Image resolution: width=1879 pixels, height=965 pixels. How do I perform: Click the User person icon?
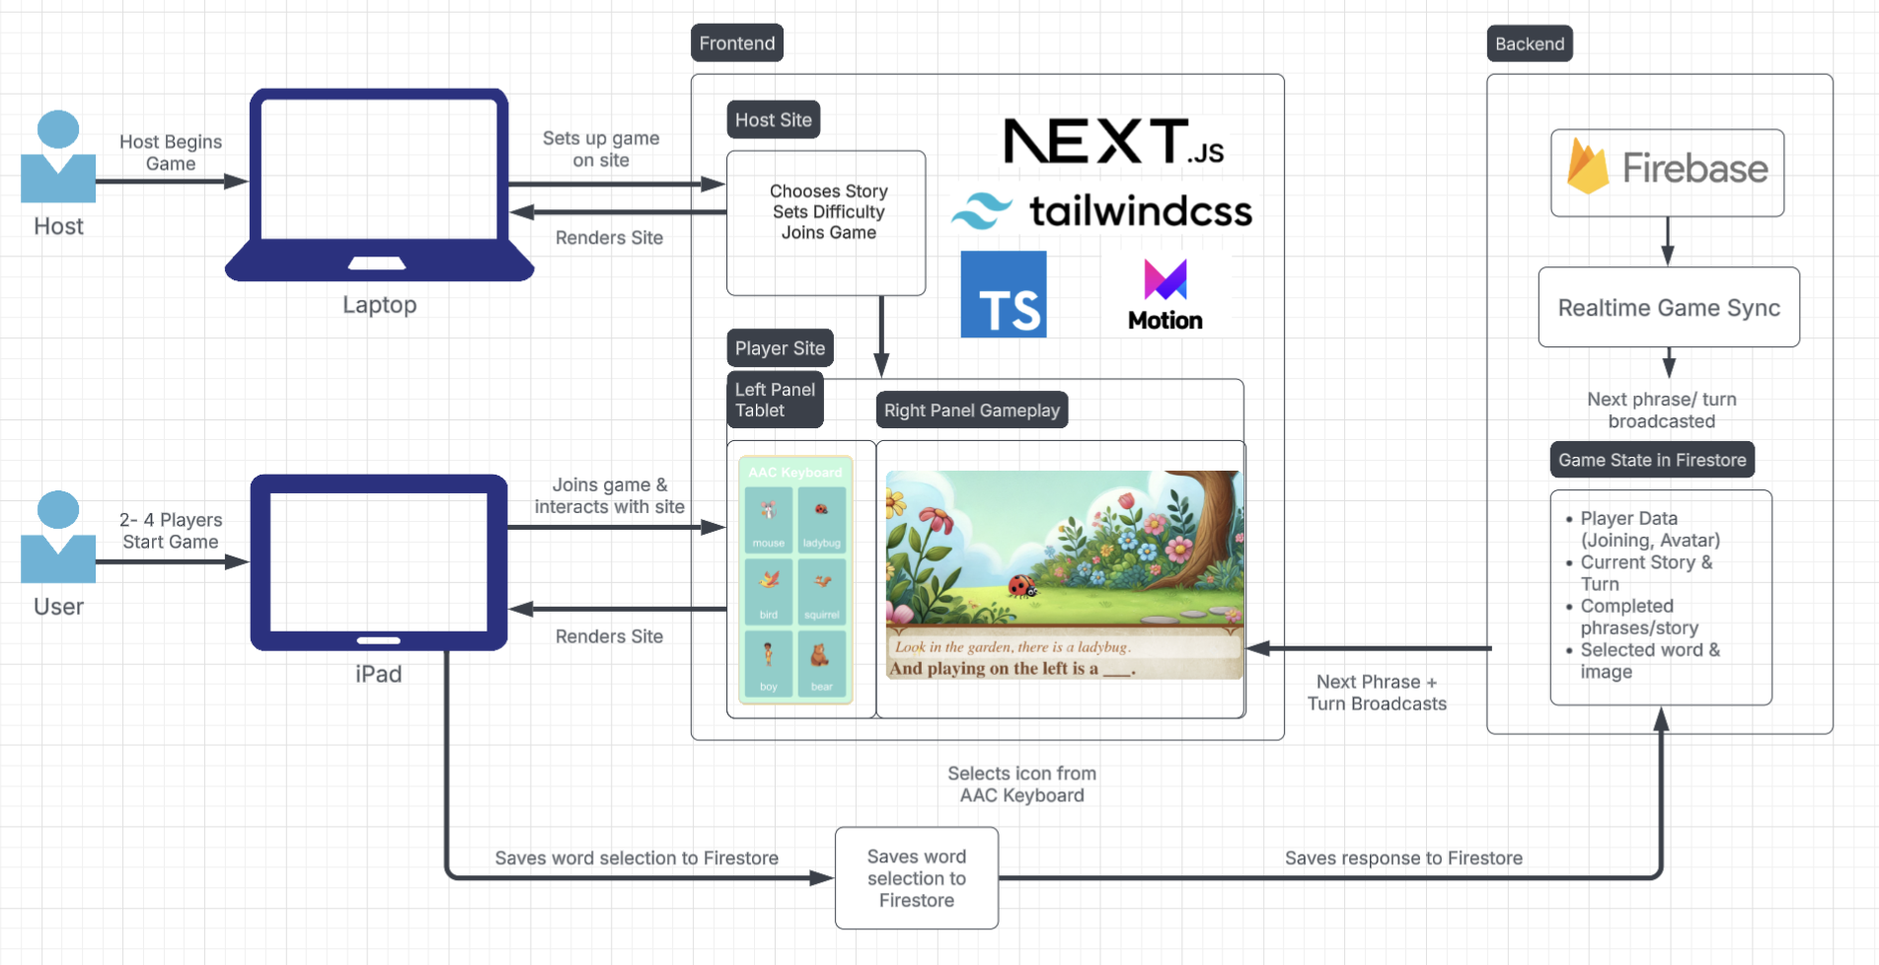point(58,537)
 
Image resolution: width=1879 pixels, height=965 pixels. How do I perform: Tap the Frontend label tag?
point(737,43)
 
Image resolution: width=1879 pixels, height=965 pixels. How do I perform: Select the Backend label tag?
point(1529,44)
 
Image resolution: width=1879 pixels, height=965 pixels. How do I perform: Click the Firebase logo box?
point(1667,173)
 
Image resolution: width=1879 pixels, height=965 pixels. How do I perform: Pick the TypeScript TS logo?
point(1004,294)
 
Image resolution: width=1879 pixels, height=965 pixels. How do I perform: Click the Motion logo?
point(1165,295)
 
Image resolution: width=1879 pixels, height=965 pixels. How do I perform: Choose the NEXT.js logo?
point(1113,142)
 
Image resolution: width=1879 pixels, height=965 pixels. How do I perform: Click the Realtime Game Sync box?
point(1669,308)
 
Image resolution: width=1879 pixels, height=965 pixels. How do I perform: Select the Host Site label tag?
point(773,120)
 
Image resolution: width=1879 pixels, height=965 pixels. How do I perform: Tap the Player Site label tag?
point(780,348)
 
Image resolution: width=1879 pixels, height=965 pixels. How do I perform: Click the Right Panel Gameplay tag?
point(971,410)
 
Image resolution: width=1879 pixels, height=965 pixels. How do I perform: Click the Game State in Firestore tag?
point(1652,460)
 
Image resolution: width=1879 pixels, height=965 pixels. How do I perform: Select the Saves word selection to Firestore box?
point(916,878)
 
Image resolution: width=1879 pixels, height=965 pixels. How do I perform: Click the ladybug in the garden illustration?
point(1020,588)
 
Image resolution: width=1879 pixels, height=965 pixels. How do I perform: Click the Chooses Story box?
point(826,223)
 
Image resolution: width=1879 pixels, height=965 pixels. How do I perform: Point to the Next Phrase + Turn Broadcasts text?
point(1377,693)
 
